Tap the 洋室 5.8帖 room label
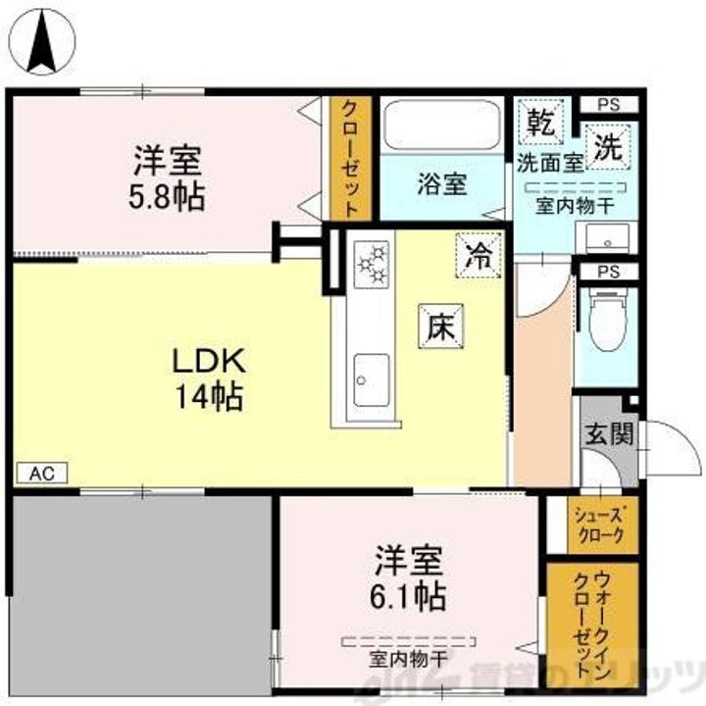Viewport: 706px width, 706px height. pyautogui.click(x=169, y=176)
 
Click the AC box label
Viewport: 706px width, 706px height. pyautogui.click(x=41, y=473)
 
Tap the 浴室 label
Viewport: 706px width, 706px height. pyautogui.click(x=441, y=182)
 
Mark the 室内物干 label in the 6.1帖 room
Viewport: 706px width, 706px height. pyautogui.click(x=408, y=658)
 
